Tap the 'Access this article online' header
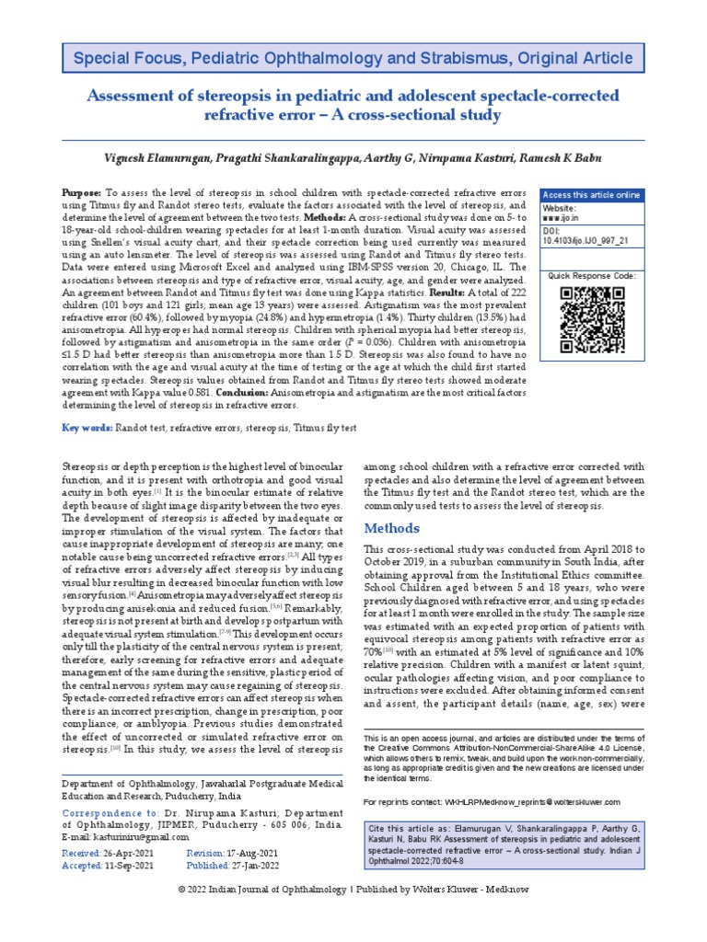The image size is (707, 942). pyautogui.click(x=591, y=195)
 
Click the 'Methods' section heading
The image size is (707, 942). pyautogui.click(x=393, y=528)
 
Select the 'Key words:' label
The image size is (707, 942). pyautogui.click(x=87, y=428)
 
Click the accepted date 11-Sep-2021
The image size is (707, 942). pyautogui.click(x=130, y=866)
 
